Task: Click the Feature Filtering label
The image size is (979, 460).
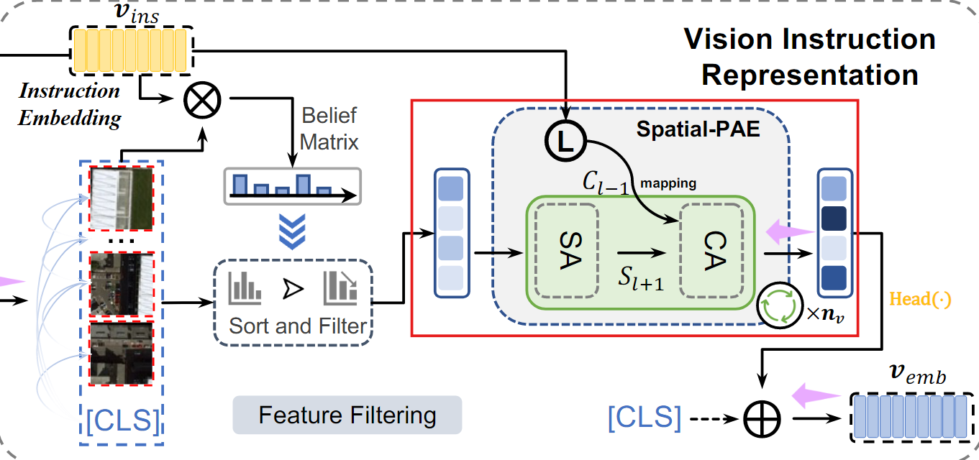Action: click(x=347, y=415)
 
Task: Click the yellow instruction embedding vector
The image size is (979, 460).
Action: click(x=131, y=50)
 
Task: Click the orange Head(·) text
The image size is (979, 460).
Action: click(x=921, y=299)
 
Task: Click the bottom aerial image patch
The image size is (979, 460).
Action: click(x=121, y=352)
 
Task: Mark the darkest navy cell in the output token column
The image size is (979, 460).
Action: click(x=834, y=218)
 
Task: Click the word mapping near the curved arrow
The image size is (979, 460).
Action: click(x=668, y=183)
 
